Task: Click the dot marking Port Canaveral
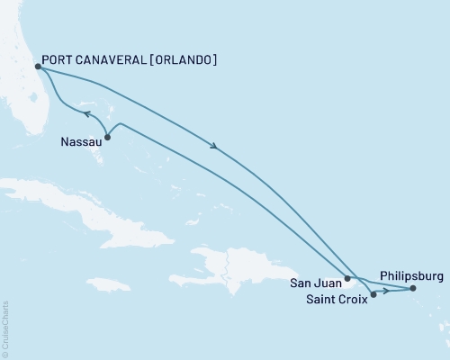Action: click(x=37, y=66)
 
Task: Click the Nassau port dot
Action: click(x=108, y=137)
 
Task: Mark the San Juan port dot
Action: click(x=347, y=279)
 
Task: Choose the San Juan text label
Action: click(x=315, y=282)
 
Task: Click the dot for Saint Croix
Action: click(x=373, y=294)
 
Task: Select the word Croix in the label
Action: click(x=353, y=300)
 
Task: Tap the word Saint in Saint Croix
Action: click(x=321, y=300)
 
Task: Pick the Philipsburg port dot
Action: click(x=413, y=289)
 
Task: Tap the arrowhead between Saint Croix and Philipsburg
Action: click(x=385, y=291)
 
